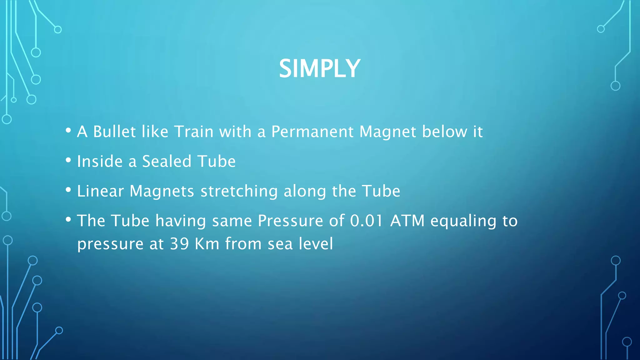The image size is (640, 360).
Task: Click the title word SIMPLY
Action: point(319,69)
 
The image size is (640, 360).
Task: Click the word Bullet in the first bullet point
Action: point(114,132)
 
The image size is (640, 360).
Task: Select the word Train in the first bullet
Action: point(194,132)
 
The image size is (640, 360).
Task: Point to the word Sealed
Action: point(167,162)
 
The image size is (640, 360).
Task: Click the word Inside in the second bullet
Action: point(100,162)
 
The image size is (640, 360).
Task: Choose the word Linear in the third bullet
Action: point(100,191)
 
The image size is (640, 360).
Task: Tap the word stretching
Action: point(239,191)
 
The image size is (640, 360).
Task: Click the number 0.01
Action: point(366,221)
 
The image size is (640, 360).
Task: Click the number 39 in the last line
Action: point(179,244)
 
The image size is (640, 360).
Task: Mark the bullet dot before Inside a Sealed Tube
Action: point(68,160)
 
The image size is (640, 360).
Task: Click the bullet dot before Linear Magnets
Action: point(68,190)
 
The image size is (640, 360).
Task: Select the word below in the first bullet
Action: point(444,132)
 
